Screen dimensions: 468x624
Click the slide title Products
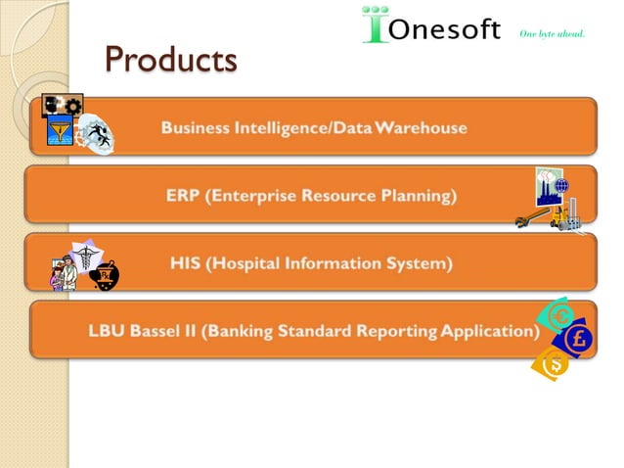(171, 60)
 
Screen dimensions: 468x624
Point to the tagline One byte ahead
(552, 33)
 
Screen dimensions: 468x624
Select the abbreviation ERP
(183, 195)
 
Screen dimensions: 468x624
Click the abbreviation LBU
(109, 330)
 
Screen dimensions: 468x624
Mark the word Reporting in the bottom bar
(391, 330)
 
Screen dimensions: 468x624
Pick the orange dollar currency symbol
(552, 365)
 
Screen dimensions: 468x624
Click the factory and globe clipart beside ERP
(553, 199)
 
